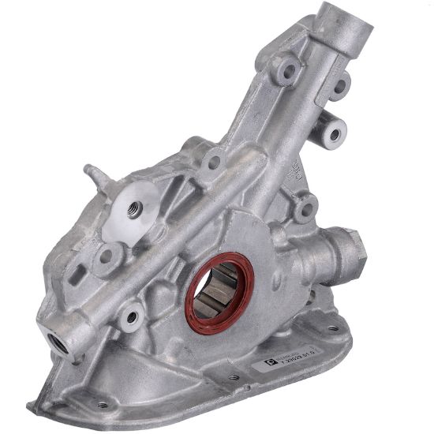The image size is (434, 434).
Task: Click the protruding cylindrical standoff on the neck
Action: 334,133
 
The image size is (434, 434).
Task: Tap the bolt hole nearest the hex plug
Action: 304,208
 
